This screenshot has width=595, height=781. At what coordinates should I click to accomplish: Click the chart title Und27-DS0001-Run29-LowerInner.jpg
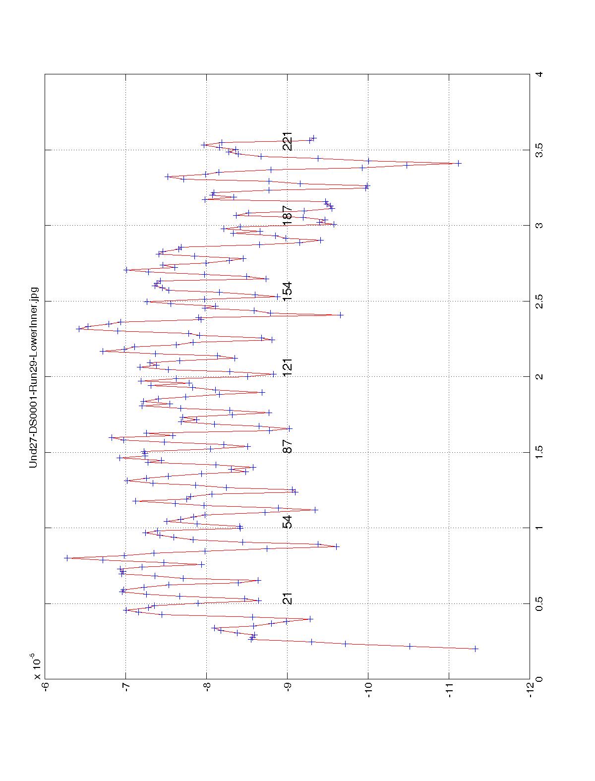point(34,377)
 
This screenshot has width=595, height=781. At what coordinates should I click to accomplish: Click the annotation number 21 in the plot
point(288,599)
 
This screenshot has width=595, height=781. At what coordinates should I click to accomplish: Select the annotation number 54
point(288,522)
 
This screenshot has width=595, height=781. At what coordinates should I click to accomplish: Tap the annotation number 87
point(288,446)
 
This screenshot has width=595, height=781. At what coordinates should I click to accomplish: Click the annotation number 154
point(288,291)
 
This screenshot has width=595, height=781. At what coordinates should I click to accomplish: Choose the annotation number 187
point(288,215)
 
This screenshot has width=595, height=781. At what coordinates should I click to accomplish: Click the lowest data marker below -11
point(476,649)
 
